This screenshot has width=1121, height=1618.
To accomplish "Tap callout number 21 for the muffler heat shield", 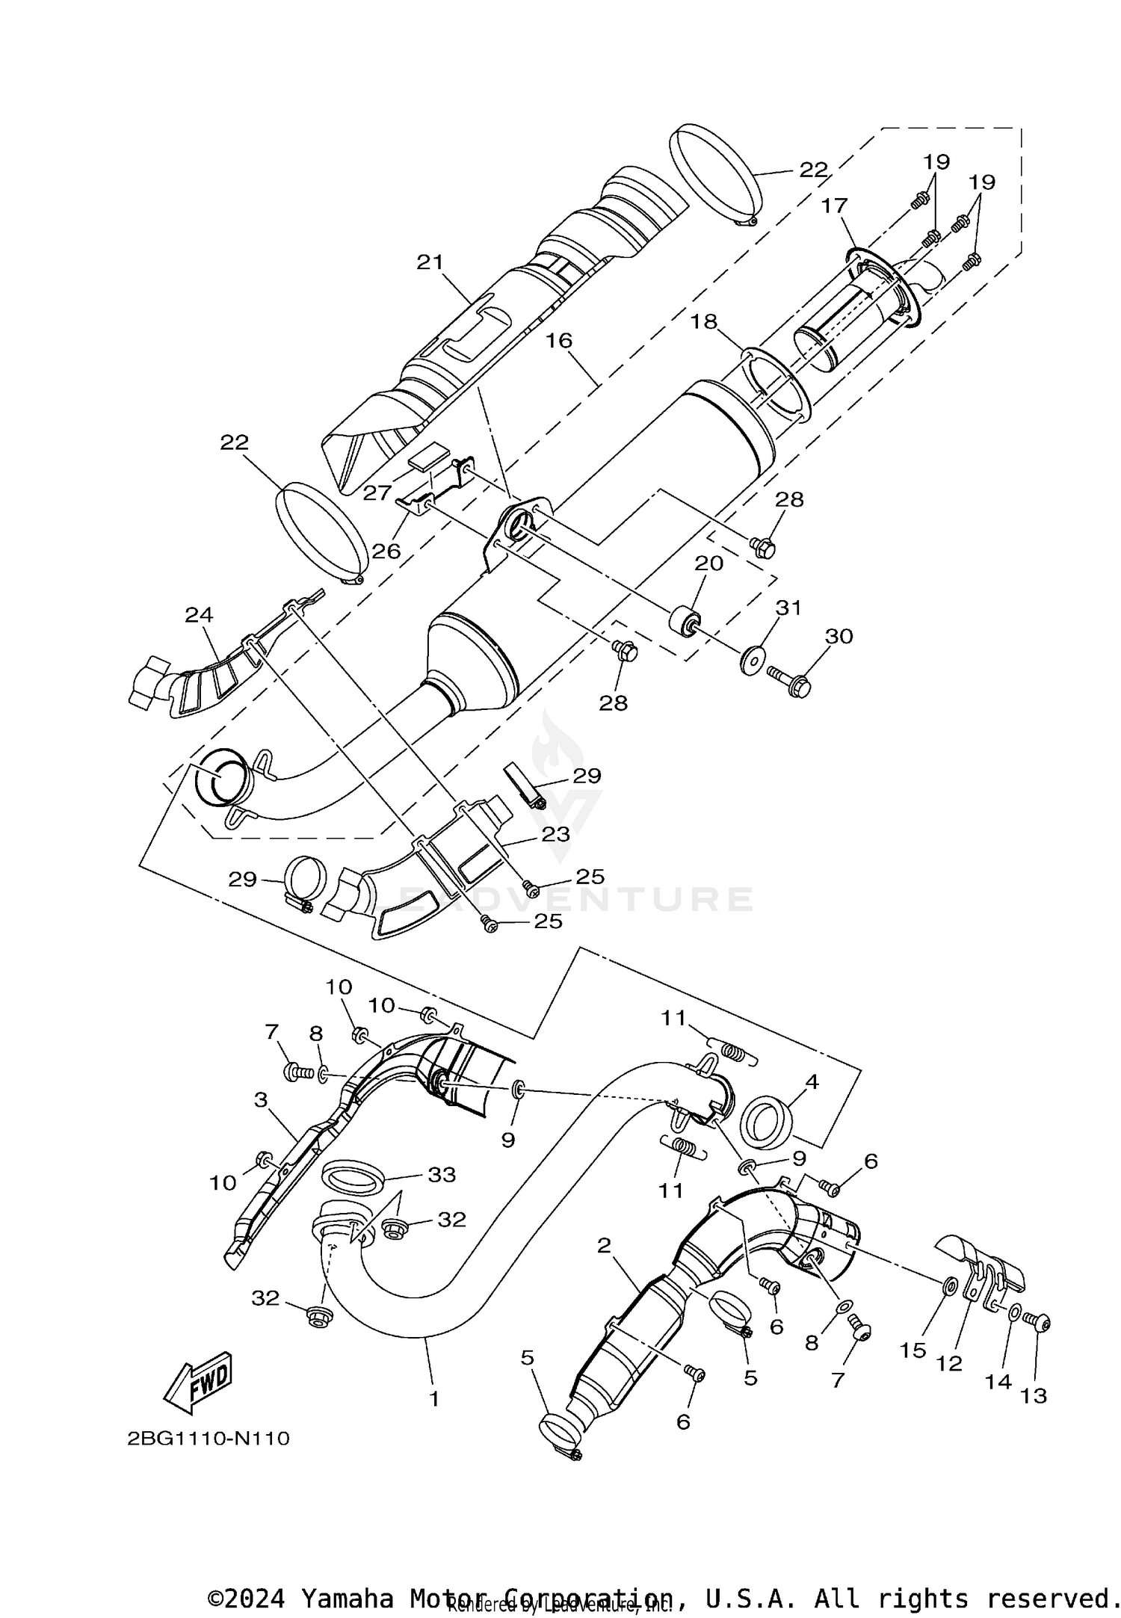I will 430,262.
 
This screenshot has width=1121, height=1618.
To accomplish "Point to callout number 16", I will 558,341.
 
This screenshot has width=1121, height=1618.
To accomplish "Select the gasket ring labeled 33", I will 353,1181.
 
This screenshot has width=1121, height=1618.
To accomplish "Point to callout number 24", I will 200,615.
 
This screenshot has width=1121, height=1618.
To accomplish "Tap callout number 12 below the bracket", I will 949,1364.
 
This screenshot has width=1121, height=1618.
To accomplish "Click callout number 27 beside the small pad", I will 377,492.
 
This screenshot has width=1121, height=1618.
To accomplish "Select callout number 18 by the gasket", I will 704,322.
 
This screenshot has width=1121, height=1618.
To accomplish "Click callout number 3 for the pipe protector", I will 261,1099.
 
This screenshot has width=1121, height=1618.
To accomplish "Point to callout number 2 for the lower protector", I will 604,1245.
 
